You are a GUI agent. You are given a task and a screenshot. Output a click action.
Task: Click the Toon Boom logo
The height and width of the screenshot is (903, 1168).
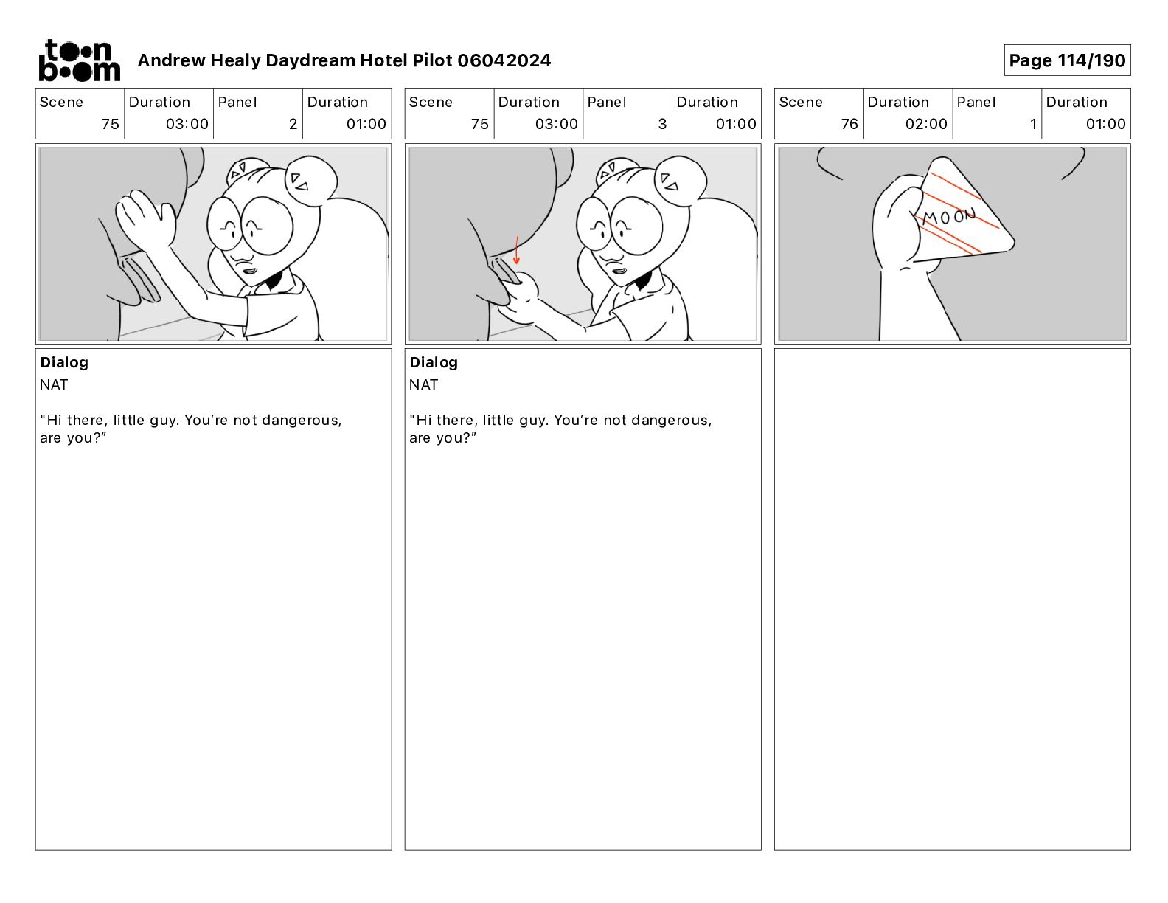(80, 60)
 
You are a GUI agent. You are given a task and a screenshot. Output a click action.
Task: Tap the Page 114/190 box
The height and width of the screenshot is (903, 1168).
(1067, 60)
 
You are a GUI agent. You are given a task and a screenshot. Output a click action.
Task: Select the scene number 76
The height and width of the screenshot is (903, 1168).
(849, 124)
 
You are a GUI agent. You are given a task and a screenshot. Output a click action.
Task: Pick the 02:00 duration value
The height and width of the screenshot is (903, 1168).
(926, 124)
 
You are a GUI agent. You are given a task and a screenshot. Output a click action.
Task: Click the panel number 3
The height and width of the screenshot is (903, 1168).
(662, 124)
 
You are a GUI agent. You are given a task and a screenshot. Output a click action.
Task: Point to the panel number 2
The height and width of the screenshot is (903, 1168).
(293, 124)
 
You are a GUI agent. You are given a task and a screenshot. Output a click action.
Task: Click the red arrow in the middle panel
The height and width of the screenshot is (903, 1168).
(517, 250)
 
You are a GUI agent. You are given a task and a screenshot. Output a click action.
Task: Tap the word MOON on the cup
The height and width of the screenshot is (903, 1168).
(949, 217)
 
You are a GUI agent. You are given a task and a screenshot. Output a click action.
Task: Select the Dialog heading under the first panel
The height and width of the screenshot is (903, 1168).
(64, 362)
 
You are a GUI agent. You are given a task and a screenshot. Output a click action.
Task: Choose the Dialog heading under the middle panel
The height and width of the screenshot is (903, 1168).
(434, 362)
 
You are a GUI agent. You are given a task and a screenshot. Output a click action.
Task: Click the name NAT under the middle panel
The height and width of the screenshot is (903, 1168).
(423, 385)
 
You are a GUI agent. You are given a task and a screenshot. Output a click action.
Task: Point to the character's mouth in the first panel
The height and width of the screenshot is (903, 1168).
(250, 271)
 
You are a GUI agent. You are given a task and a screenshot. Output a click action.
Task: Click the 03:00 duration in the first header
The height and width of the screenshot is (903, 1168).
(187, 124)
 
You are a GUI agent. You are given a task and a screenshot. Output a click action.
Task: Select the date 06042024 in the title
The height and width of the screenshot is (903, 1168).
(504, 60)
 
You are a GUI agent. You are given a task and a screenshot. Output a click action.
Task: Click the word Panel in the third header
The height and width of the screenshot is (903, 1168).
(976, 103)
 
